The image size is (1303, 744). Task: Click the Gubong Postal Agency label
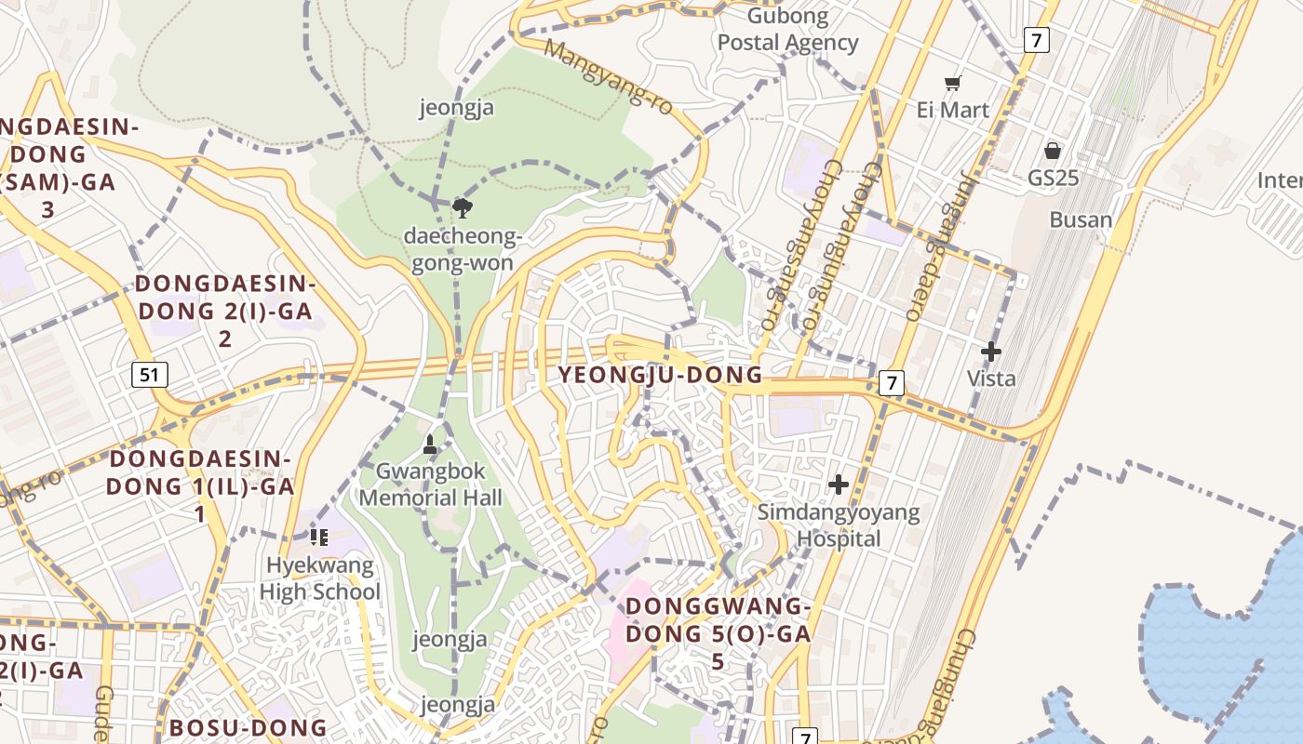click(x=787, y=30)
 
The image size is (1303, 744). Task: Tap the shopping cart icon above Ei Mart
click(x=952, y=84)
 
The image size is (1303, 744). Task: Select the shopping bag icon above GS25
click(x=1053, y=151)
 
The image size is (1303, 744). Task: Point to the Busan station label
click(x=1081, y=220)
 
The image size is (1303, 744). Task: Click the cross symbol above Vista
click(x=991, y=352)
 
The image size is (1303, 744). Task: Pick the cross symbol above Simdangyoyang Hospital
click(x=839, y=485)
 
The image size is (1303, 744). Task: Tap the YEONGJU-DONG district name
click(x=660, y=375)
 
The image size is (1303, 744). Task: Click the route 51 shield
click(x=150, y=375)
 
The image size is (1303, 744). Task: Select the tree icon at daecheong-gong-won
click(x=461, y=206)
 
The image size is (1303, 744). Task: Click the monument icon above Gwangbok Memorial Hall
click(x=430, y=445)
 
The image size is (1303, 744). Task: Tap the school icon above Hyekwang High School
click(x=319, y=537)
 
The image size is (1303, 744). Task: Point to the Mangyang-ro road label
click(x=611, y=76)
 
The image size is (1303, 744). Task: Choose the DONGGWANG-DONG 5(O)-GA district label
click(x=718, y=633)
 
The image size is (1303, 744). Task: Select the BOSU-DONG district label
click(x=248, y=727)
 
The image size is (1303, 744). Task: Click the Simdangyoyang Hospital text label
click(x=839, y=525)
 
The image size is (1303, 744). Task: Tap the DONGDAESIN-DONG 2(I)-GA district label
click(x=224, y=311)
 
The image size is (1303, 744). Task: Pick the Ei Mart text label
click(x=952, y=110)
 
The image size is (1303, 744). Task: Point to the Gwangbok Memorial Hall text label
click(x=430, y=485)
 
